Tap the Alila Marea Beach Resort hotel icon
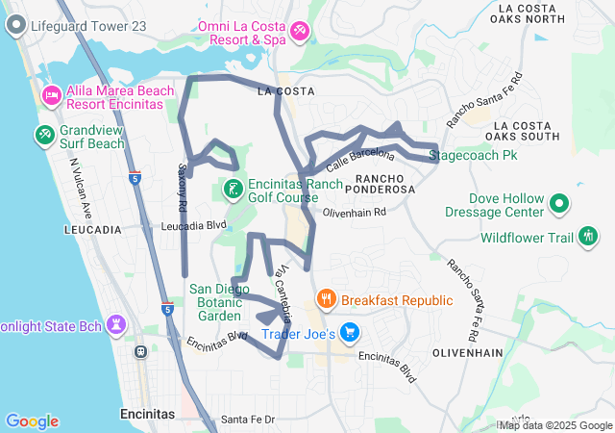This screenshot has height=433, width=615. coord(51,94)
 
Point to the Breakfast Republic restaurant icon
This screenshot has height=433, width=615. coord(327,299)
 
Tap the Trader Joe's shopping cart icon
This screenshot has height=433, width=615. coord(350,334)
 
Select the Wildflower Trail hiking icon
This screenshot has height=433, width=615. coord(589,237)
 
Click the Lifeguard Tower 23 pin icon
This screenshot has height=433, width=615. coord(16,27)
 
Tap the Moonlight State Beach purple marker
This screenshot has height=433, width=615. coord(116,324)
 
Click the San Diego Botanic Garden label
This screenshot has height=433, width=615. coord(227,301)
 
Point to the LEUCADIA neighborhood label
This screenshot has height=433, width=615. coord(92,230)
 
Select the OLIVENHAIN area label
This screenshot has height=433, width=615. coord(467,353)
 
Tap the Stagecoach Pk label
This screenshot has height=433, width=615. coord(472,154)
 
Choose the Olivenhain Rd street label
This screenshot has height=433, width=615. coord(354,212)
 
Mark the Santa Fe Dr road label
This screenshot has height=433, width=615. coord(248,419)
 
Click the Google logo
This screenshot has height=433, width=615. coord(32,421)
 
